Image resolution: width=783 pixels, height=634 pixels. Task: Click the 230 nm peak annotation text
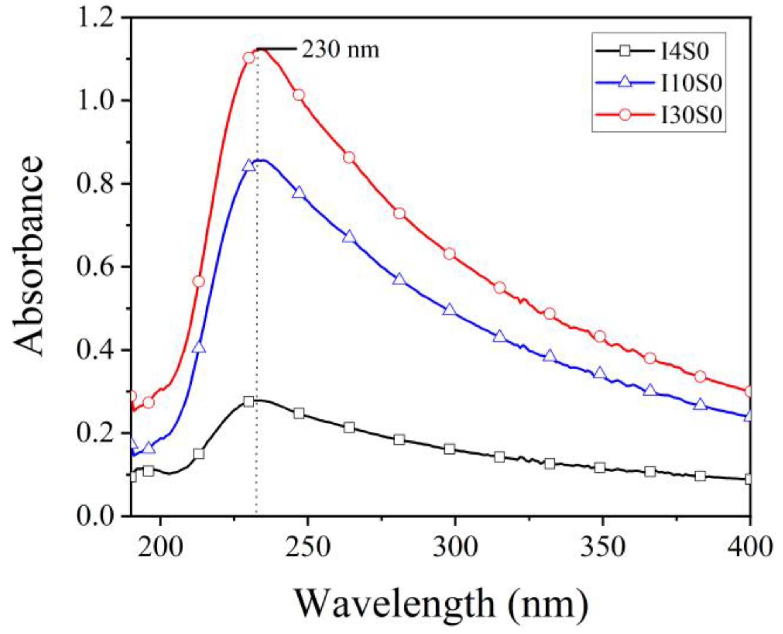coord(340,50)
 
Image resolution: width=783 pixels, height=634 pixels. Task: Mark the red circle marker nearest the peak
coord(249,58)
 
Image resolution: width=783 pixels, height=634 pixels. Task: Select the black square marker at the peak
coord(249,402)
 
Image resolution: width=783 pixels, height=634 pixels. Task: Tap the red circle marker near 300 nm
coord(450,254)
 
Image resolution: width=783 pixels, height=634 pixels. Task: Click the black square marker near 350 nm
coord(600,468)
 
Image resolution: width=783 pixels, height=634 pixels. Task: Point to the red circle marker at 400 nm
coord(749,391)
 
